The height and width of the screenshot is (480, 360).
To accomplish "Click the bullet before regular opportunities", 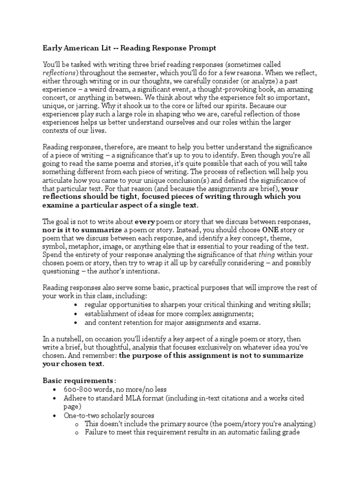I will [x=76, y=305].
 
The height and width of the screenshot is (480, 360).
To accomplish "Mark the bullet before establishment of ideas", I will [x=76, y=314].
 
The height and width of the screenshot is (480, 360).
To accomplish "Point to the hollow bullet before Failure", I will [x=76, y=433].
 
